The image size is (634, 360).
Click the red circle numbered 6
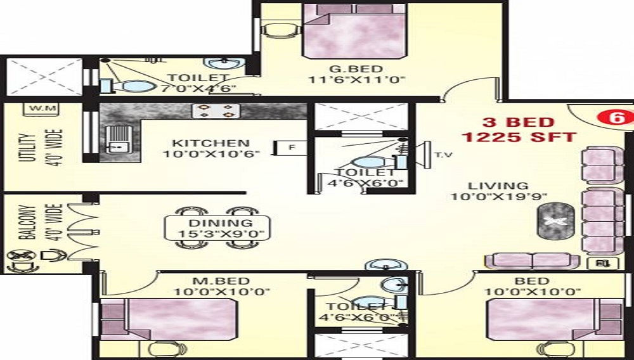[x=616, y=118]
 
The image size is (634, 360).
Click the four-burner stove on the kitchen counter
[x=216, y=111]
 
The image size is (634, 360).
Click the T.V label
[x=443, y=155]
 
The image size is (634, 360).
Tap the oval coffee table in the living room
[x=555, y=220]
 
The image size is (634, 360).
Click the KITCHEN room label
[x=210, y=143]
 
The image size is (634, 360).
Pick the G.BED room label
[x=356, y=69]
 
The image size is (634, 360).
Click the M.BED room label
[x=221, y=281]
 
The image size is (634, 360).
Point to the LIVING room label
[x=498, y=186]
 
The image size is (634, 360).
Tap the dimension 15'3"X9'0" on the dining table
[x=221, y=234]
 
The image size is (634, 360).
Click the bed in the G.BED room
[x=354, y=32]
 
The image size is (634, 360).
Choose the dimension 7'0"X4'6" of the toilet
[x=198, y=89]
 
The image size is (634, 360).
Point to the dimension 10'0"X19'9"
[x=499, y=196]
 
